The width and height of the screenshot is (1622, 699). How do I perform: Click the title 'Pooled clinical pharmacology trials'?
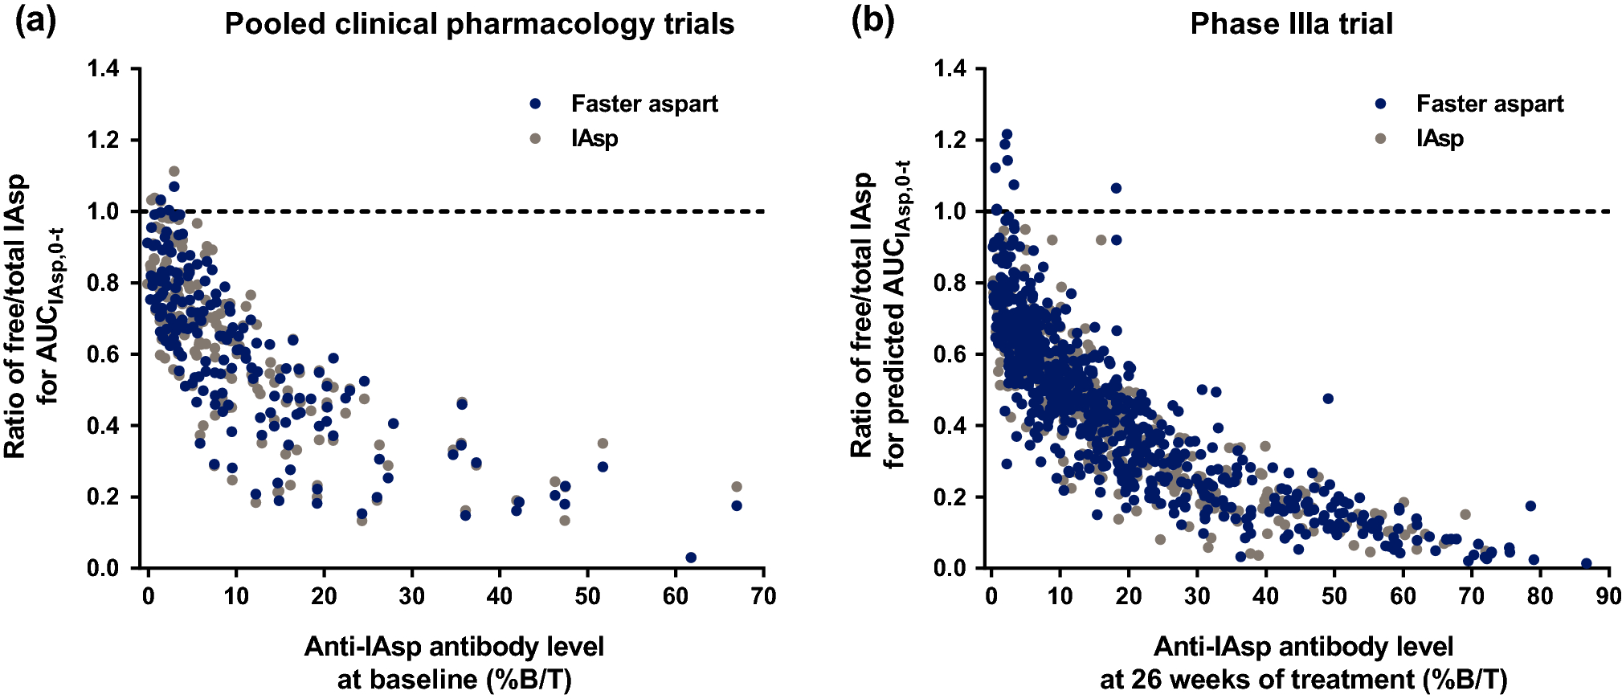click(x=479, y=24)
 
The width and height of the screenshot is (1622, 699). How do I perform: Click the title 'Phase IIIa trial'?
click(x=1291, y=24)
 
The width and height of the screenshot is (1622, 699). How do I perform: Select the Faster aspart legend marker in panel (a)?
click(x=536, y=104)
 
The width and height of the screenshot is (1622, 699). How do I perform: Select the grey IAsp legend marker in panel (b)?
click(x=1381, y=138)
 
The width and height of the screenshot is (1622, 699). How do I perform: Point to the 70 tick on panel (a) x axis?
click(x=763, y=596)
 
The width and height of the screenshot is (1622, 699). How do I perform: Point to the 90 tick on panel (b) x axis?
click(x=1608, y=596)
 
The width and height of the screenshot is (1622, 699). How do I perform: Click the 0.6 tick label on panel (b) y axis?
click(x=950, y=354)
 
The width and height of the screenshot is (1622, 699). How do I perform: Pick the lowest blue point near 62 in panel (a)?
click(x=691, y=558)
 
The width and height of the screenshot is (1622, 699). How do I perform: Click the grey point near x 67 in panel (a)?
click(x=737, y=487)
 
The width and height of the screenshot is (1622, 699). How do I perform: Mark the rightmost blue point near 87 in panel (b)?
click(x=1586, y=564)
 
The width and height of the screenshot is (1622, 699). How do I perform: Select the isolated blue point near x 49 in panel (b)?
click(x=1328, y=399)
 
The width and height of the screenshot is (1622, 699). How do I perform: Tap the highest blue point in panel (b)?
click(x=1007, y=134)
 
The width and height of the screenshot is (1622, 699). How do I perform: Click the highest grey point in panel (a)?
click(x=174, y=171)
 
